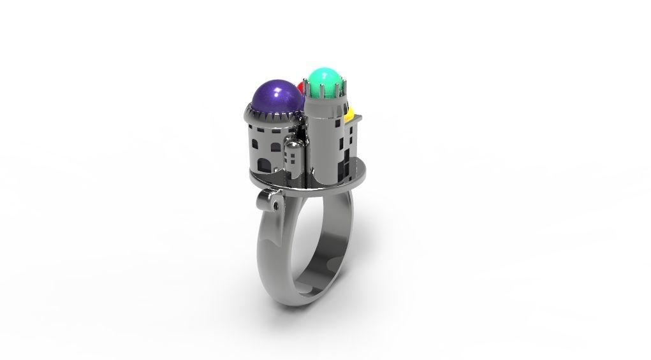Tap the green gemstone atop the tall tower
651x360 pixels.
coord(326,80)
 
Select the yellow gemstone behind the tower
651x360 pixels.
coord(349,115)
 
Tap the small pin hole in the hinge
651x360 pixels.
coord(275,206)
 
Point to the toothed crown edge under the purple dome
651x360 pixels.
coord(274,117)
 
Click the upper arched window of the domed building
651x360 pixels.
coord(274,148)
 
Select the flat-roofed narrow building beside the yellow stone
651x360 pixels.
coord(353,143)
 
